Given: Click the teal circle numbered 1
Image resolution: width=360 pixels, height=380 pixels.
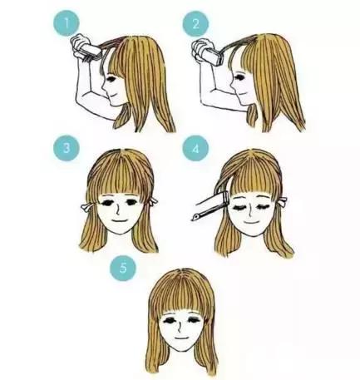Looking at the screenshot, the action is (x=67, y=23).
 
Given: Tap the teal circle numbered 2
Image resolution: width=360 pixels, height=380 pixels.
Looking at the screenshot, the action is (x=195, y=24).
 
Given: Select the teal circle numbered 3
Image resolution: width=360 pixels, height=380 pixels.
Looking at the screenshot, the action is (x=67, y=148).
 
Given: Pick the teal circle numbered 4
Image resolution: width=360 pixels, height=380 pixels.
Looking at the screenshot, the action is (x=195, y=148).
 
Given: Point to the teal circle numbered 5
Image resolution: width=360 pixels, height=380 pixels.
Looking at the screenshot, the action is (x=123, y=268).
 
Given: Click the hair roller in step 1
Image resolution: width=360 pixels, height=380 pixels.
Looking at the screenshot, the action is (x=91, y=52).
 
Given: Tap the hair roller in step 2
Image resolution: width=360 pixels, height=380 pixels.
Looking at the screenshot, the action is (x=213, y=56).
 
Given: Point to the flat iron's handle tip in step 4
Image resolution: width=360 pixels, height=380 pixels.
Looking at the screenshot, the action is (x=193, y=219).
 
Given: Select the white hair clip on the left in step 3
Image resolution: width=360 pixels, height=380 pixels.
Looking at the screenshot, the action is (x=86, y=207).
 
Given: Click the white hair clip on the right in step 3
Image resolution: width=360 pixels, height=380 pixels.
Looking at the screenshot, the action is (x=153, y=200).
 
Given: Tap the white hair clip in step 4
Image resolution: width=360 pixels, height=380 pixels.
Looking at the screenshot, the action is (x=283, y=201).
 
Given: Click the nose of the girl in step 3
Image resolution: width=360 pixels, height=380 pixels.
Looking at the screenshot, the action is (x=117, y=210).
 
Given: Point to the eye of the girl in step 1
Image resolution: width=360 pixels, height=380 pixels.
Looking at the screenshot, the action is (x=111, y=79).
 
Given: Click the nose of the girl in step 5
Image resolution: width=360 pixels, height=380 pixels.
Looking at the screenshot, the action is (x=180, y=327).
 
